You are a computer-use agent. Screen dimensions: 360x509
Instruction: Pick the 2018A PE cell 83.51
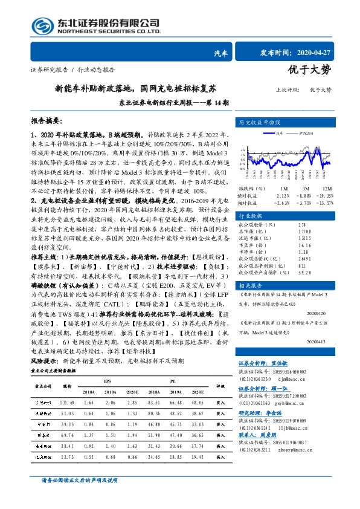154,385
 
